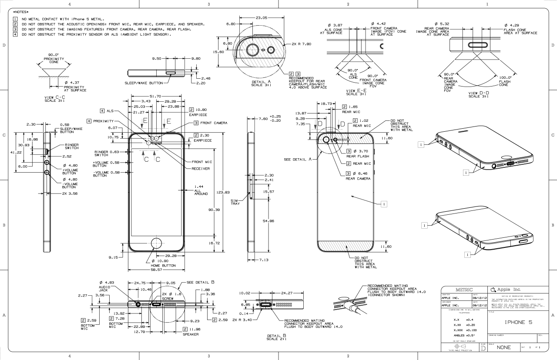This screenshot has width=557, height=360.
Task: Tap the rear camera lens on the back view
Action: pos(325,140)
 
